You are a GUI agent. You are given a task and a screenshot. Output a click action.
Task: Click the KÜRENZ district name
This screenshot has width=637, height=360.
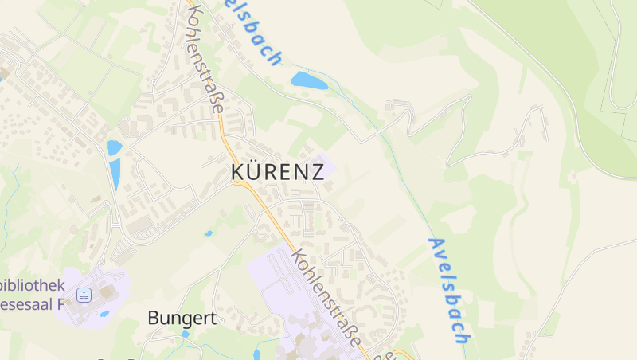pos(277,171)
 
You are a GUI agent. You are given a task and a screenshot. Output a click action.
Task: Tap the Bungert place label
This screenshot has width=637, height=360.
pos(182,318)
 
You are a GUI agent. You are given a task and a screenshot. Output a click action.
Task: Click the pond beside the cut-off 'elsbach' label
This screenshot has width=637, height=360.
pos(309,80)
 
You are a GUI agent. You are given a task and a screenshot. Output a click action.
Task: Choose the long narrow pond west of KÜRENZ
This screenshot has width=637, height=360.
pos(115,174)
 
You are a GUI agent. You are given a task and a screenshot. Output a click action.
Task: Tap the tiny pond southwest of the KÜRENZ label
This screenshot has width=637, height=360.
pos(209,233)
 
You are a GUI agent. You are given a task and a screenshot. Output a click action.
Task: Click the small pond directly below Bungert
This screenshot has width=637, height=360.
pos(186,334)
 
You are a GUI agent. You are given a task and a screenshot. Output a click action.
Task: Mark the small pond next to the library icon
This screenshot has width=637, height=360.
pos(105,314)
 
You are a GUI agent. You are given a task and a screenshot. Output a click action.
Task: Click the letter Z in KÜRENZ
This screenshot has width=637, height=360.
pos(317,171)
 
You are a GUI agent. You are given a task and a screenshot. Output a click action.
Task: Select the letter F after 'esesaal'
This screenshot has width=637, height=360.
pos(58,304)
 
